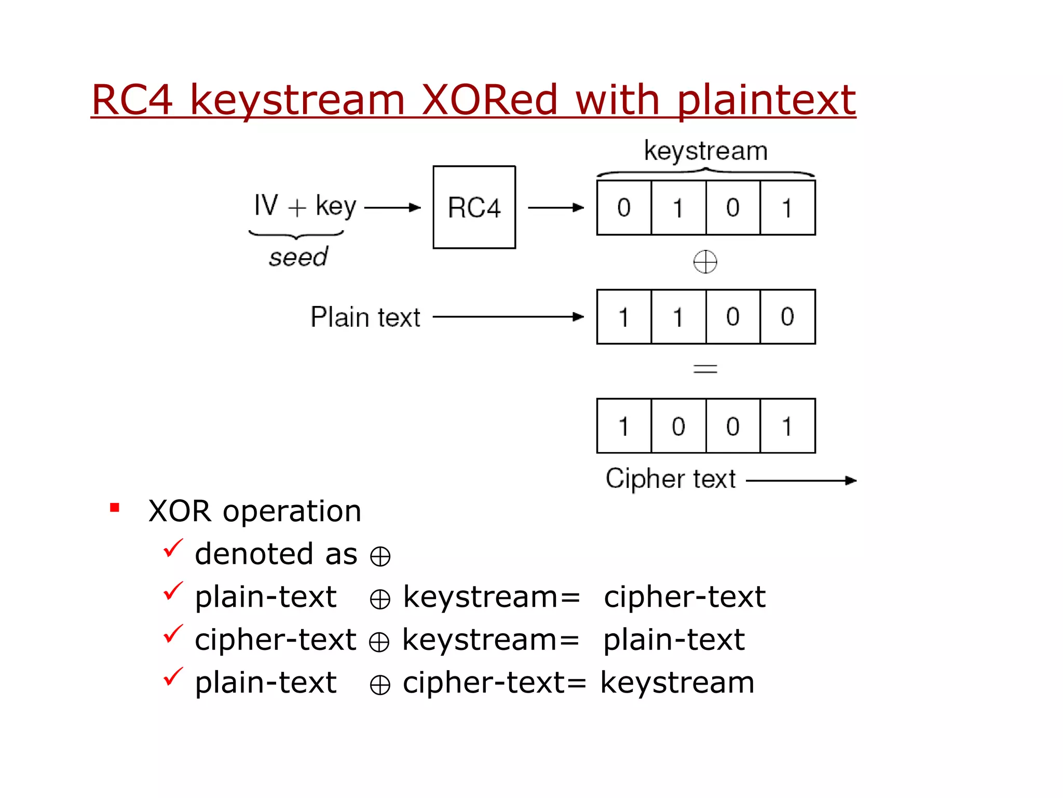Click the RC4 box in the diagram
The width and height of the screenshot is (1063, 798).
click(474, 207)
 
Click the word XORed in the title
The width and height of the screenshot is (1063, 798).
click(489, 100)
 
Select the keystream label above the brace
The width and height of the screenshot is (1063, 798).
click(705, 151)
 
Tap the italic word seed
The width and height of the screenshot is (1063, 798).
click(298, 257)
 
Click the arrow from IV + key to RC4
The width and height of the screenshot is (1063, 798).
click(392, 208)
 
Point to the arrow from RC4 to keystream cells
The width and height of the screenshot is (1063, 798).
click(556, 208)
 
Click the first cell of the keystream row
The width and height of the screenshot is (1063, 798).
click(624, 208)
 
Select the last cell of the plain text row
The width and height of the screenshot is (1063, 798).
click(787, 317)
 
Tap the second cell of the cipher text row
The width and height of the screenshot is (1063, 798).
click(678, 426)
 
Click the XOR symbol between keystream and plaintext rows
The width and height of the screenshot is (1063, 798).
click(705, 261)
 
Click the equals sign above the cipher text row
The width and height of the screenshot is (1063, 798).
click(705, 369)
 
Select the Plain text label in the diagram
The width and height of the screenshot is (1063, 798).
click(365, 317)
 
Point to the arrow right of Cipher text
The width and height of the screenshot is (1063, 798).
click(801, 481)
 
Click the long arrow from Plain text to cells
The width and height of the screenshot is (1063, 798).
click(508, 317)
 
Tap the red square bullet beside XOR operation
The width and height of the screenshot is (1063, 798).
click(115, 508)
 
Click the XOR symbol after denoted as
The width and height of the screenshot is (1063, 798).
click(380, 556)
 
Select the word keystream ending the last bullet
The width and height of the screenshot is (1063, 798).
click(677, 682)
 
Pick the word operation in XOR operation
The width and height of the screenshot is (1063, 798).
click(292, 512)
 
